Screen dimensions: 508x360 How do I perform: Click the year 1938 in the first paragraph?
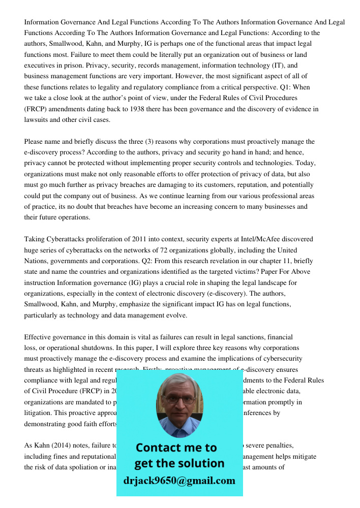point(139,109)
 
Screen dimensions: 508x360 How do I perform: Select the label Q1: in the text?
point(288,87)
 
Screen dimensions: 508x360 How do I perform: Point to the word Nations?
point(37,261)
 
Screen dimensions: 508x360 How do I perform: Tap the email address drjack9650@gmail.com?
point(179,481)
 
